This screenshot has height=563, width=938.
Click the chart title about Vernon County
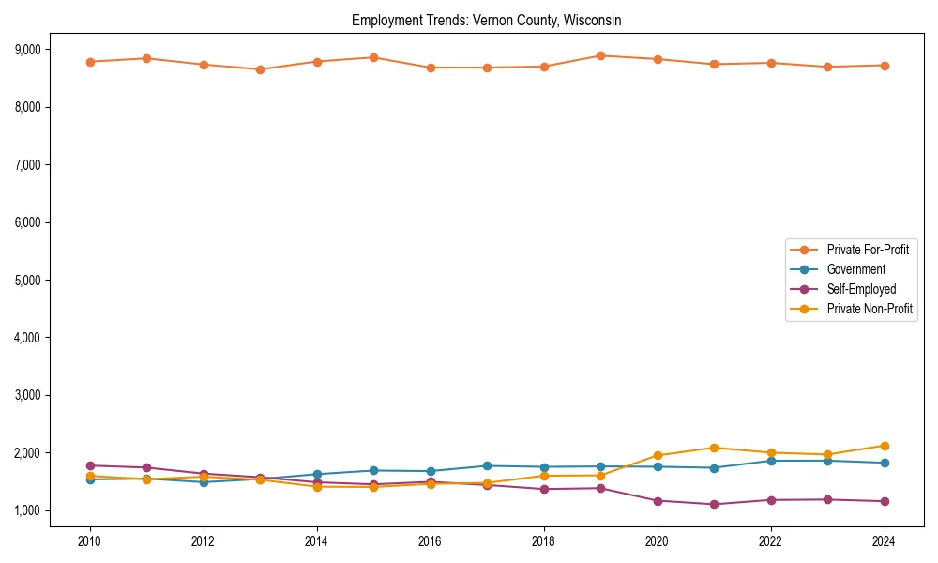(x=486, y=20)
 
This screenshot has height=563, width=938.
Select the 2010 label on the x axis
(x=90, y=541)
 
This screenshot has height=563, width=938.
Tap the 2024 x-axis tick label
(x=884, y=541)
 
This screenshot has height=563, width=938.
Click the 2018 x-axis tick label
(x=543, y=541)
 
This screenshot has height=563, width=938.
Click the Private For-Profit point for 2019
(x=600, y=55)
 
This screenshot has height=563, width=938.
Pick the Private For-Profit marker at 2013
(x=260, y=69)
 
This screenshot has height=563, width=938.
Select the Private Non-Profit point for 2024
(x=884, y=446)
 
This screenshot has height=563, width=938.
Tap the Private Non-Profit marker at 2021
(x=714, y=448)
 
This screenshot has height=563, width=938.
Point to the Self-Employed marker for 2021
(x=714, y=504)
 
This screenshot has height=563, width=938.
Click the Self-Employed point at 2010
(x=90, y=465)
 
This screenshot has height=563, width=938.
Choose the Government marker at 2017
(x=487, y=465)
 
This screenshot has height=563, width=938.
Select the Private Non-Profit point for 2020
(x=657, y=455)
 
